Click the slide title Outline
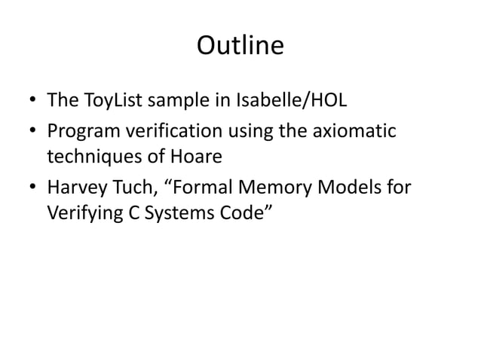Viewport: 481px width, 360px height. click(x=240, y=47)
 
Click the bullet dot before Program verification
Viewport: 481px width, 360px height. click(x=33, y=133)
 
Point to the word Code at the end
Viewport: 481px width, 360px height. click(x=240, y=211)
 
